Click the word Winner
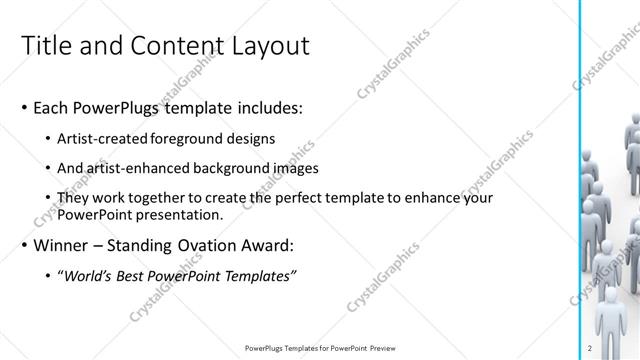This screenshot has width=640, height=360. (x=62, y=244)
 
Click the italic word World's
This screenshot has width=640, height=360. (x=92, y=276)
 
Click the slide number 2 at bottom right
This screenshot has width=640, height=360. (x=591, y=348)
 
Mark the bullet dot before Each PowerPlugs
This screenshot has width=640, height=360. (x=24, y=106)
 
